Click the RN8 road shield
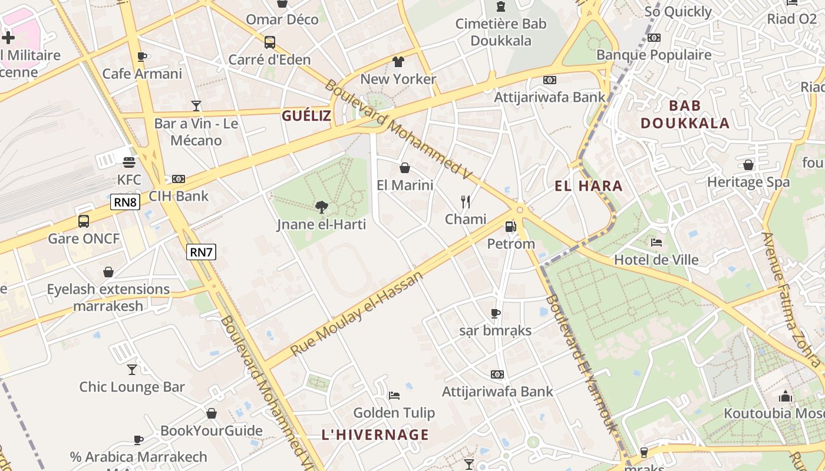pyautogui.click(x=125, y=203)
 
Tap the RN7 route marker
pyautogui.click(x=201, y=252)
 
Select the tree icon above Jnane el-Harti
pyautogui.click(x=322, y=207)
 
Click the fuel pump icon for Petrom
pyautogui.click(x=510, y=226)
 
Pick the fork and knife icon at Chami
pyautogui.click(x=466, y=202)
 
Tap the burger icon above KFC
pyautogui.click(x=129, y=162)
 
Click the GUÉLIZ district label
pyautogui.click(x=306, y=115)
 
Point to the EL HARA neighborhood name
pyautogui.click(x=588, y=186)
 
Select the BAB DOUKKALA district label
pyautogui.click(x=685, y=114)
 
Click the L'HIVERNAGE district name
pyautogui.click(x=375, y=434)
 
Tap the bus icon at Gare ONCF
pyautogui.click(x=84, y=221)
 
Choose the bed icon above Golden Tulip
pyautogui.click(x=394, y=395)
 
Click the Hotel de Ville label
pyautogui.click(x=656, y=260)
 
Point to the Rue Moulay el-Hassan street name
pyautogui.click(x=357, y=313)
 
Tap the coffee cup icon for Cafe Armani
pyautogui.click(x=142, y=57)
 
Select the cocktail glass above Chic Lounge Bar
pyautogui.click(x=132, y=370)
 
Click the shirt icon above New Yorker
pyautogui.click(x=398, y=61)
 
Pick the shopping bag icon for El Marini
pyautogui.click(x=405, y=168)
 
